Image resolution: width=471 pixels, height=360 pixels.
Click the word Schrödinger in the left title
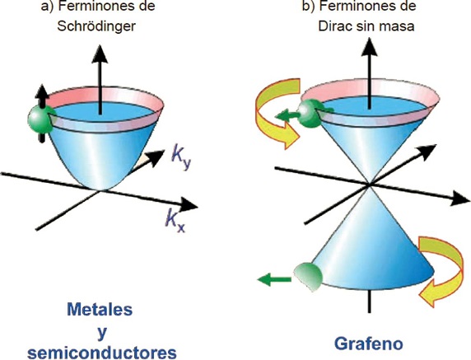point(96,26)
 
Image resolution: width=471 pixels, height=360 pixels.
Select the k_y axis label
point(181,159)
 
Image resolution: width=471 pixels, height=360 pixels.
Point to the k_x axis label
point(175,222)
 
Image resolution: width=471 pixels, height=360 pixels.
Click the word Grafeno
point(369,344)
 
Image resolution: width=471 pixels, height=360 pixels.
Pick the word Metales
point(100,309)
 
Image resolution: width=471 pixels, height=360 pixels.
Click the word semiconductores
point(102,353)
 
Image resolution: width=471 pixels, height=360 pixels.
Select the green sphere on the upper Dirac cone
point(311,114)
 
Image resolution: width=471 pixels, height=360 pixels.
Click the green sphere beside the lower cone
point(308,277)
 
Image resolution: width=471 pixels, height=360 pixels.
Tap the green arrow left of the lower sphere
point(274,279)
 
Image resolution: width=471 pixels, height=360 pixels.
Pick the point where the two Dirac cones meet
point(370,185)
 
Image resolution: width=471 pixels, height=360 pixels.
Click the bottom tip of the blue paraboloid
point(101,190)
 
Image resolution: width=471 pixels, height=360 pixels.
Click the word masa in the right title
point(398,26)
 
